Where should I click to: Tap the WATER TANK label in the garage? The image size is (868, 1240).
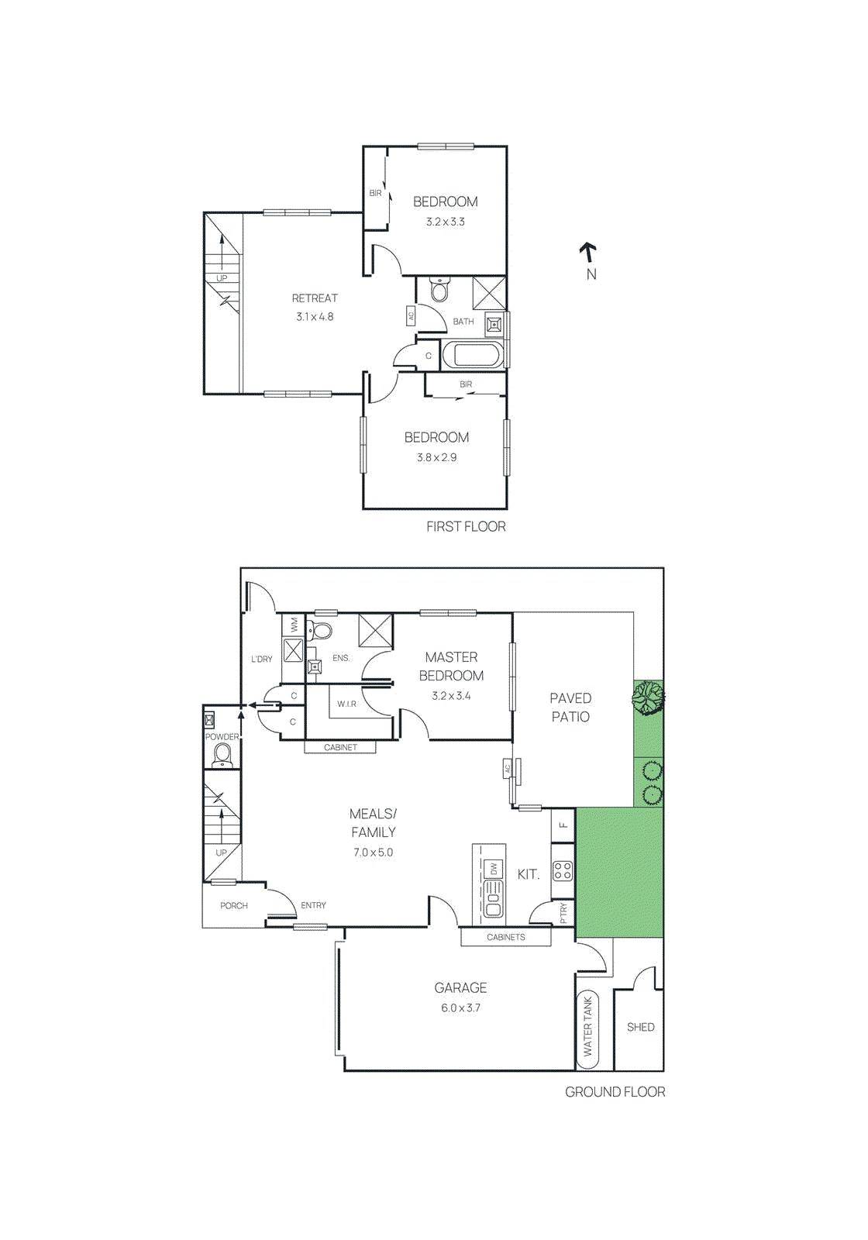[x=587, y=1026]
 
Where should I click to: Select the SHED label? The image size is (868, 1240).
[x=640, y=1027]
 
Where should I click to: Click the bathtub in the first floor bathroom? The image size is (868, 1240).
[x=473, y=355]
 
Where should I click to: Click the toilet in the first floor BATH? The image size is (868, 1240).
[x=440, y=290]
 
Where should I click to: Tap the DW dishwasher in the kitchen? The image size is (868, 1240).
[x=494, y=870]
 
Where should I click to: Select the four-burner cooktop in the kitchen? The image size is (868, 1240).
[x=563, y=871]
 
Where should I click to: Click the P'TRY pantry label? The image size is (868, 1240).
[x=563, y=912]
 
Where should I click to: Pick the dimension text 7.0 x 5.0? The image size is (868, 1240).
[x=373, y=852]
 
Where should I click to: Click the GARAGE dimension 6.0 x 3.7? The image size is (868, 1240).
[x=460, y=1008]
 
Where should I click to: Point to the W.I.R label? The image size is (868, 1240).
[x=346, y=704]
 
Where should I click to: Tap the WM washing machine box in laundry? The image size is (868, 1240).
[x=294, y=623]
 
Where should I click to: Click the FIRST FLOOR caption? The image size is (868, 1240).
[x=466, y=527]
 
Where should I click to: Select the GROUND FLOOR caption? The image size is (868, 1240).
[x=615, y=1092]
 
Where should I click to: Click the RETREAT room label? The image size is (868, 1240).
[x=315, y=298]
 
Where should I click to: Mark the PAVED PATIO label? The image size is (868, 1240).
[x=570, y=708]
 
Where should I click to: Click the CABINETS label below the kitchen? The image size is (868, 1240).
[x=505, y=937]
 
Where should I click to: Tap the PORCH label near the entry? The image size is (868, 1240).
[x=233, y=905]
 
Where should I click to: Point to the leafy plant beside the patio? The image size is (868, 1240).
[x=647, y=697]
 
